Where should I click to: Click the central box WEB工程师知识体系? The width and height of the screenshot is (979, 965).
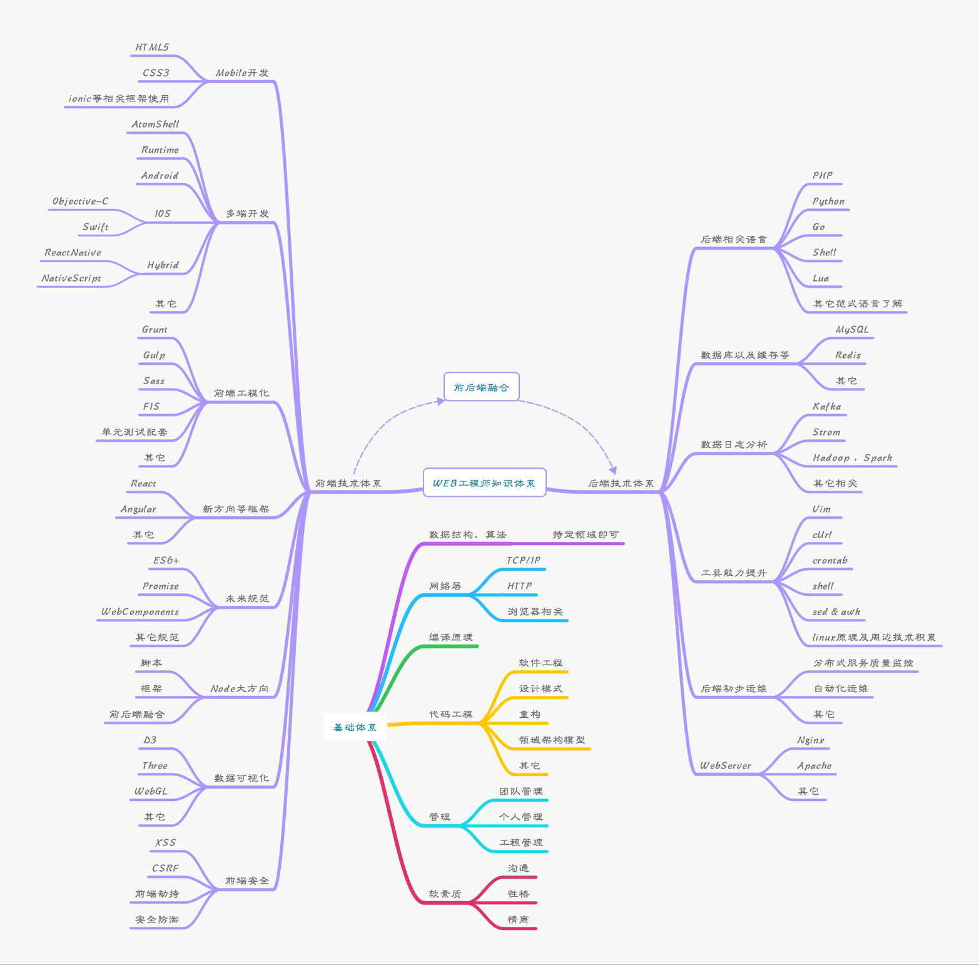pyautogui.click(x=484, y=482)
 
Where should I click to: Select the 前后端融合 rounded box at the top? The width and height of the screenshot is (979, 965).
pyautogui.click(x=481, y=387)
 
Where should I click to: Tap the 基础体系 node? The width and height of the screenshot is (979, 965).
pyautogui.click(x=355, y=727)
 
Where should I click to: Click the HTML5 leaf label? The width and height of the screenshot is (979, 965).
pyautogui.click(x=152, y=48)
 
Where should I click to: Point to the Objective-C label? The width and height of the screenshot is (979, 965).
pyautogui.click(x=80, y=202)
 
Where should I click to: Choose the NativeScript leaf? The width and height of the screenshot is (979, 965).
pyautogui.click(x=71, y=278)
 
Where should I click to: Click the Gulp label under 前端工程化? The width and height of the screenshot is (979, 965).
pyautogui.click(x=154, y=355)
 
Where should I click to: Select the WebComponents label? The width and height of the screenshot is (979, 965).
pyautogui.click(x=140, y=612)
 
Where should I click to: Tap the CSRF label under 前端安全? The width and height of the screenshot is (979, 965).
pyautogui.click(x=165, y=869)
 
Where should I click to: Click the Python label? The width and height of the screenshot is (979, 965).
pyautogui.click(x=828, y=202)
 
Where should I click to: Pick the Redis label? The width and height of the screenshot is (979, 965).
pyautogui.click(x=848, y=355)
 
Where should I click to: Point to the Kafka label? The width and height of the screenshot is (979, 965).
pyautogui.click(x=826, y=407)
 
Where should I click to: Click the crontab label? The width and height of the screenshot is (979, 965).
pyautogui.click(x=829, y=561)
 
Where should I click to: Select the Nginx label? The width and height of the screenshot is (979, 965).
pyautogui.click(x=811, y=740)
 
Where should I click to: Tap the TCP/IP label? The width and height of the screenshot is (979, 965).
pyautogui.click(x=524, y=561)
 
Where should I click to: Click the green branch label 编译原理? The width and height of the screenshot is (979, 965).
pyautogui.click(x=450, y=638)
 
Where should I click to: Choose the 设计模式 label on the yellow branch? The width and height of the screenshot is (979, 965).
pyautogui.click(x=540, y=689)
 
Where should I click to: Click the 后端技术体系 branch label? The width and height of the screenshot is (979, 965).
pyautogui.click(x=621, y=484)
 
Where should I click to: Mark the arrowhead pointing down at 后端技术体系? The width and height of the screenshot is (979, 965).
pyautogui.click(x=613, y=470)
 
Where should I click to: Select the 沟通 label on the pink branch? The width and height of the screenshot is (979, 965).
pyautogui.click(x=519, y=869)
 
